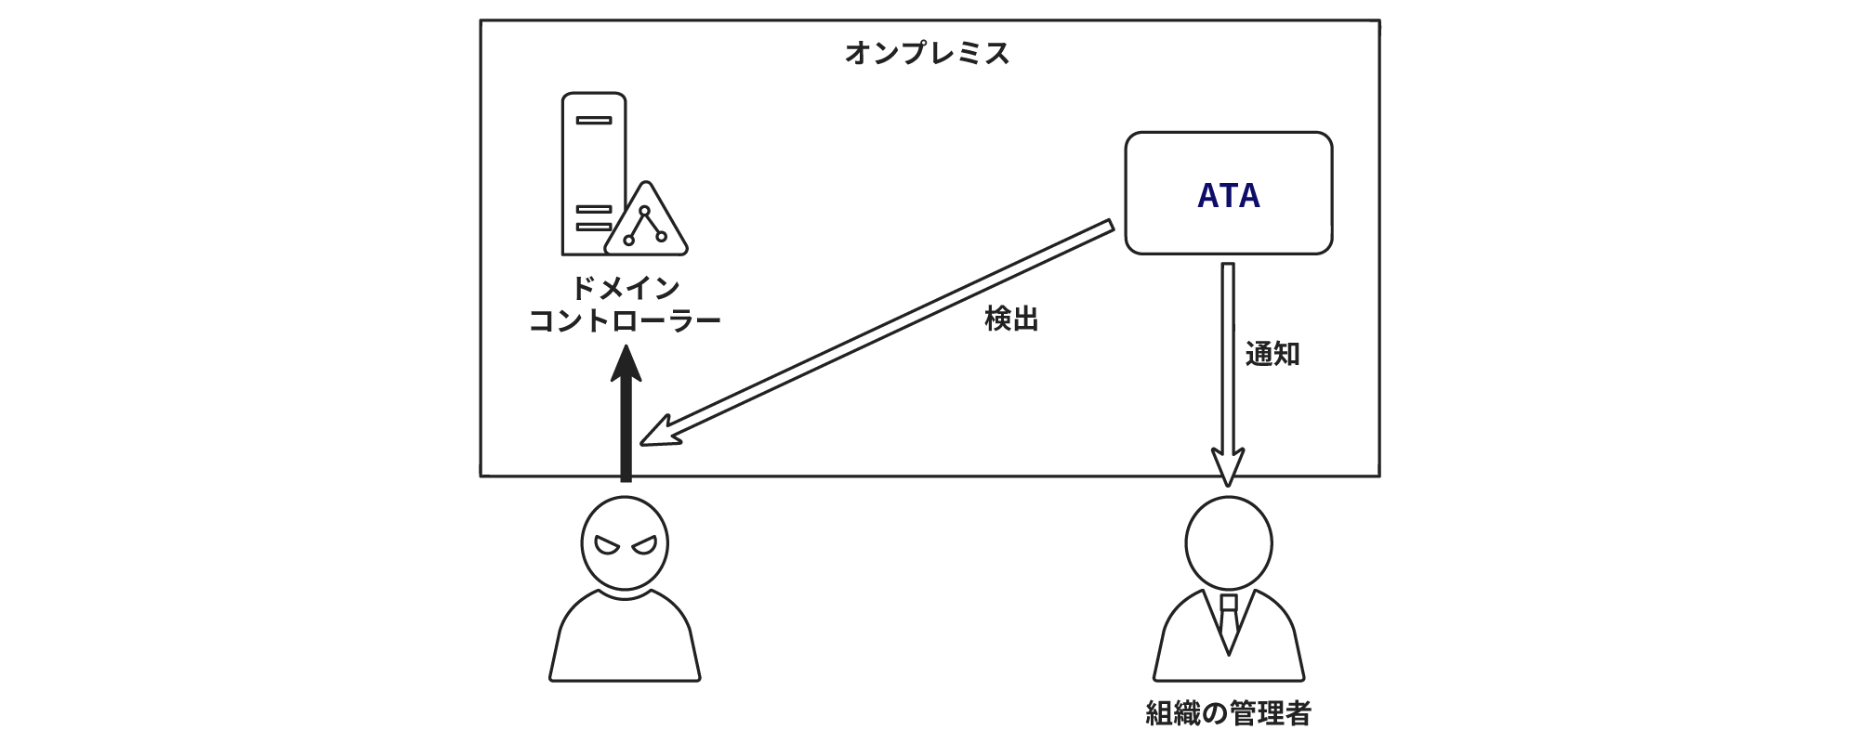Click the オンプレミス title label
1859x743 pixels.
pos(927,54)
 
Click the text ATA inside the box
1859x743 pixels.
pos(1228,196)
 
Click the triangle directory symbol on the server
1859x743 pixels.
pos(646,224)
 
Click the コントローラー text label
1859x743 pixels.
pos(625,322)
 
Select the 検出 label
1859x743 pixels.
pos(1011,319)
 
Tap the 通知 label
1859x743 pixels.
pos(1272,354)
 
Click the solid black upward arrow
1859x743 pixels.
pos(626,427)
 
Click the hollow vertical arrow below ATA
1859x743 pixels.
pos(1228,371)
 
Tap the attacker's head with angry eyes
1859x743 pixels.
pos(625,543)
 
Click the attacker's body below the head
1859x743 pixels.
pos(625,641)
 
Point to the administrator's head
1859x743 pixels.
pos(1229,543)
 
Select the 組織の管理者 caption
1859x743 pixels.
pos(1228,713)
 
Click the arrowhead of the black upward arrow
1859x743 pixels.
pos(626,364)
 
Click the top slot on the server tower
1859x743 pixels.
pos(593,121)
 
